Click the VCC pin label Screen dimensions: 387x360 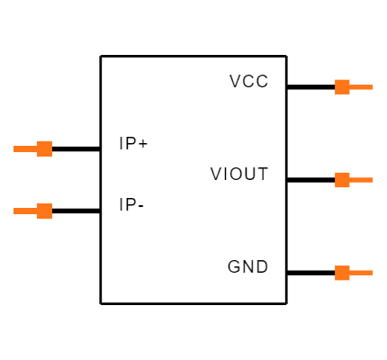(x=248, y=81)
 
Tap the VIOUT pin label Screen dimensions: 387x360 (x=239, y=174)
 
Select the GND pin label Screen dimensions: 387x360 (x=247, y=266)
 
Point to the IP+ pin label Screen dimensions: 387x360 (x=133, y=143)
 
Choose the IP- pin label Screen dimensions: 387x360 (x=131, y=205)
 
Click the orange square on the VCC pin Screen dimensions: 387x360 (x=342, y=87)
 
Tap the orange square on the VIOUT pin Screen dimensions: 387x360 (x=342, y=180)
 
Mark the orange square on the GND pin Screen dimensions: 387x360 (x=342, y=273)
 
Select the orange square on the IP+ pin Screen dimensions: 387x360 (x=45, y=148)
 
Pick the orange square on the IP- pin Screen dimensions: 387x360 (x=45, y=211)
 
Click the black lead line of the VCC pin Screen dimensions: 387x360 (x=310, y=87)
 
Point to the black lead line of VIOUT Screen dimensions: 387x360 (x=310, y=180)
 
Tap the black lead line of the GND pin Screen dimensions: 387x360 (x=310, y=273)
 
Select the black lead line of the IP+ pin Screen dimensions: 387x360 (x=76, y=148)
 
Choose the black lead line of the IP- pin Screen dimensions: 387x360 (x=76, y=211)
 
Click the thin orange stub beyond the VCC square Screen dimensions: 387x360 (x=361, y=87)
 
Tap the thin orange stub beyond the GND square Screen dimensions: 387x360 (x=361, y=273)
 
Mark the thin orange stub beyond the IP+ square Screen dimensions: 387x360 (x=25, y=148)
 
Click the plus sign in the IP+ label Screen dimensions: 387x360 (x=143, y=144)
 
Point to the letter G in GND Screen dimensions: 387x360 (x=234, y=266)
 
